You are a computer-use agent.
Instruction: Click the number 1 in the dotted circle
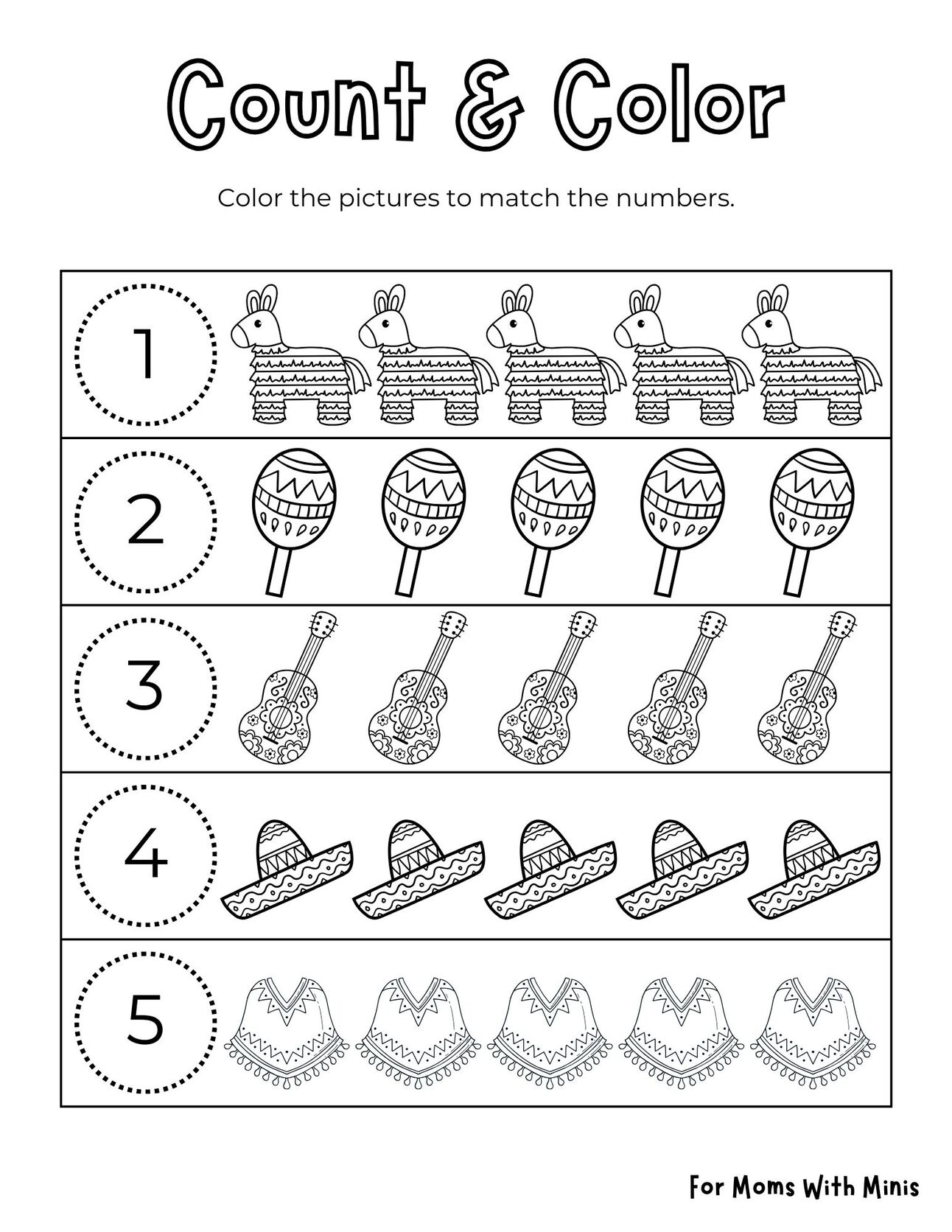(146, 354)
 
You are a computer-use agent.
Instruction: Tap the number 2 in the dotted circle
(146, 522)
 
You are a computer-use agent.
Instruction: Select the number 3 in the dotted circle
(146, 688)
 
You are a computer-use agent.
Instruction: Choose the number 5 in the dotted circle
(146, 1021)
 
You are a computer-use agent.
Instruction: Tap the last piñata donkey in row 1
(811, 357)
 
